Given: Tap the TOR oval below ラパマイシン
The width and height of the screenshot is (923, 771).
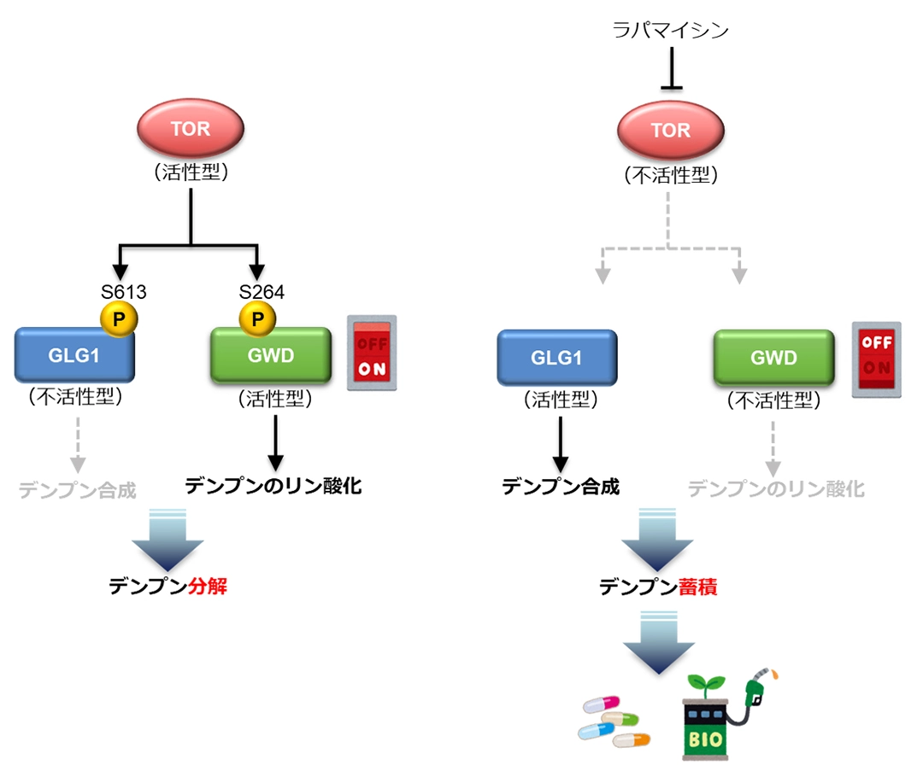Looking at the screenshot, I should tap(671, 131).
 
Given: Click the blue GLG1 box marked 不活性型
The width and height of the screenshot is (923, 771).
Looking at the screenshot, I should tap(74, 355).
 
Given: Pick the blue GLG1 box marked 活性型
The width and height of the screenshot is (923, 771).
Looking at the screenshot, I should tap(556, 357).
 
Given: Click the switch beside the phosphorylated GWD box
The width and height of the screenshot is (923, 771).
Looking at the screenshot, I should tap(371, 353).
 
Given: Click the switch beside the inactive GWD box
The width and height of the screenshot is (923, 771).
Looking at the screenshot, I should tap(876, 359).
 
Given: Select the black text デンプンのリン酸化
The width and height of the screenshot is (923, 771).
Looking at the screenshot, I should tap(273, 487).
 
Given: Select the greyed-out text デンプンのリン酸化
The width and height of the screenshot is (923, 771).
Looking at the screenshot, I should tap(776, 489).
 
